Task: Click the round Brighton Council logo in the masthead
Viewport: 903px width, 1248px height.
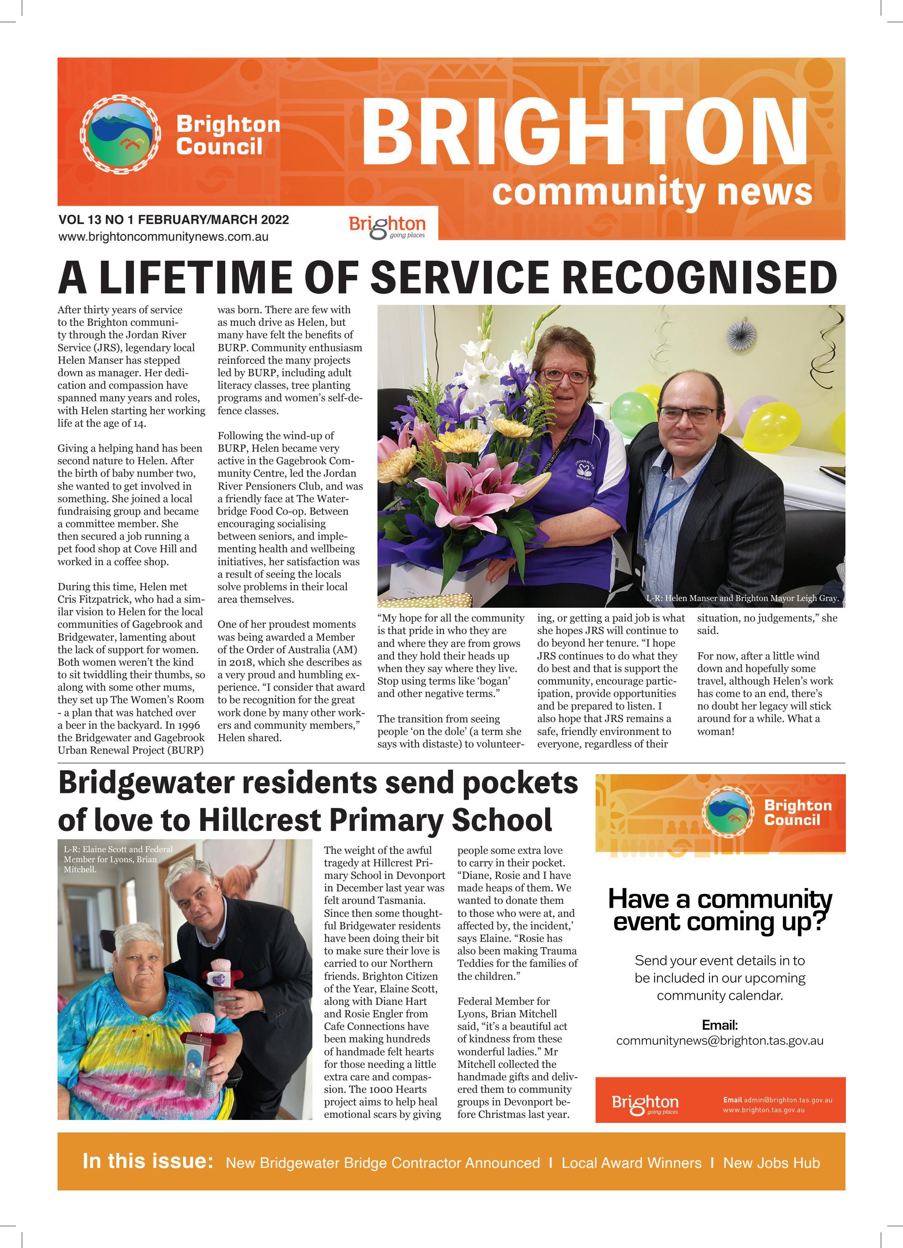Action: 121,134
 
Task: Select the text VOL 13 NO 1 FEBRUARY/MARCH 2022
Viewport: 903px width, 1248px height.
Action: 174,219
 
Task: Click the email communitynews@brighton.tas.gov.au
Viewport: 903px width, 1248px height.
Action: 720,1041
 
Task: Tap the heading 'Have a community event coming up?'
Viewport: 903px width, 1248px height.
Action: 720,910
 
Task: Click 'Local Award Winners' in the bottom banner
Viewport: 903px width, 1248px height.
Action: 631,1163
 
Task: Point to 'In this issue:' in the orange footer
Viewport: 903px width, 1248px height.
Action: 148,1161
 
